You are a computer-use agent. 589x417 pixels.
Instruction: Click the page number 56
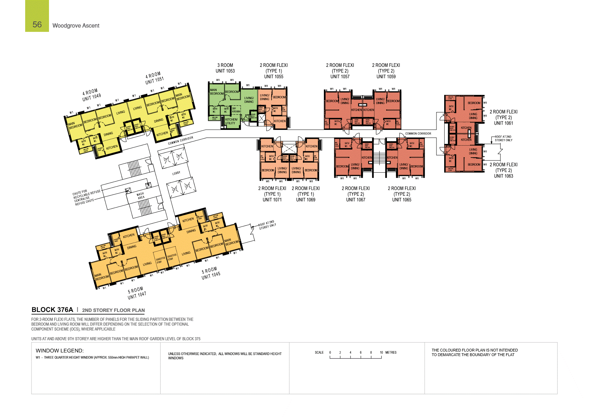point(37,25)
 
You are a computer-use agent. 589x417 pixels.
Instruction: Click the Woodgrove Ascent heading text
point(76,26)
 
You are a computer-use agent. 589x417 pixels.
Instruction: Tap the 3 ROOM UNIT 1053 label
point(225,68)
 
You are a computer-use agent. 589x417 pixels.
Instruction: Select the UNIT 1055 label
point(274,77)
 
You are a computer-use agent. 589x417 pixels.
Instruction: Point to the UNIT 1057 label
point(340,77)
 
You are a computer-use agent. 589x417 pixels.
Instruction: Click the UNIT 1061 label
point(503,123)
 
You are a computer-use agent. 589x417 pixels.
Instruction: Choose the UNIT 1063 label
point(503,176)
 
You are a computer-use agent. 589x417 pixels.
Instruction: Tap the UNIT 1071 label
point(272,200)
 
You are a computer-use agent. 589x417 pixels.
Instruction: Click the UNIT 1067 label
point(356,200)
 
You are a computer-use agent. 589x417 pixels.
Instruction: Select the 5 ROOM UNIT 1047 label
point(136,293)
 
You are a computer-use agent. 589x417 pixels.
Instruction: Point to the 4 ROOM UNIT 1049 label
point(92,95)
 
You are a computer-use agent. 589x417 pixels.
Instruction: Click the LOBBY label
point(176,173)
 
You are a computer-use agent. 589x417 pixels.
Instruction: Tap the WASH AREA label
point(141,196)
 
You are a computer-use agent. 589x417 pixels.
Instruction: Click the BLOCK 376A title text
point(52,310)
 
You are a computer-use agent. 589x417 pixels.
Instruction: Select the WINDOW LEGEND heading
point(59,350)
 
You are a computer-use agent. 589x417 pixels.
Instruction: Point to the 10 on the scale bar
point(381,353)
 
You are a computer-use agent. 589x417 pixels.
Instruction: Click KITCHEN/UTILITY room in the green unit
point(231,121)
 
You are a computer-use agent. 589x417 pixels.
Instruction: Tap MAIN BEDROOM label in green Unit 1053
point(217,92)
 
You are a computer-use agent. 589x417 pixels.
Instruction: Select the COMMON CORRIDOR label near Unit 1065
point(418,133)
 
